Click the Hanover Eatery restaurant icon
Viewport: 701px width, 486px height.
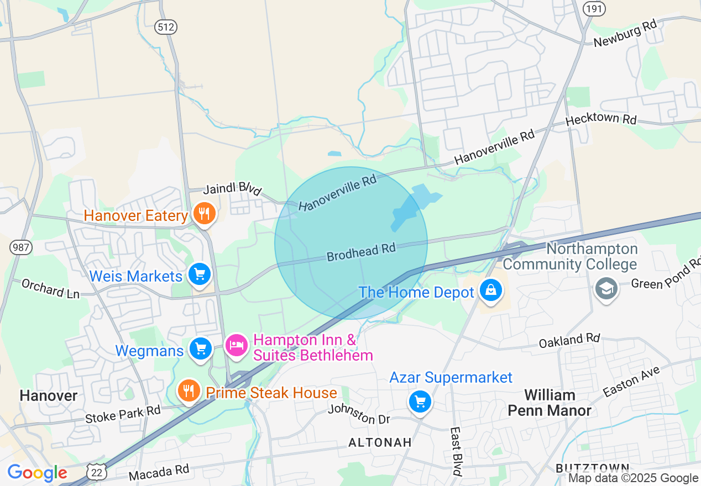[x=205, y=214]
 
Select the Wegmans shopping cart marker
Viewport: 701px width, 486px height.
[x=200, y=348]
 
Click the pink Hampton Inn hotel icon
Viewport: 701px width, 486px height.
[x=237, y=345]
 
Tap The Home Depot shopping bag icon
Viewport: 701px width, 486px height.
[x=490, y=289]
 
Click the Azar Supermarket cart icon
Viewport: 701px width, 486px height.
[x=420, y=402]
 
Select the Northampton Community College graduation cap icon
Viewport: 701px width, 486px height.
[x=606, y=288]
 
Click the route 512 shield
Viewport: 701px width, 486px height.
[x=165, y=27]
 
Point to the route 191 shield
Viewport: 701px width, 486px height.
[x=594, y=8]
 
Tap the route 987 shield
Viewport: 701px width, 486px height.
[x=20, y=248]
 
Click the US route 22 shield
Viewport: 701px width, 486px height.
[x=97, y=471]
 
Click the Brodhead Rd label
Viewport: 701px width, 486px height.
[x=361, y=252]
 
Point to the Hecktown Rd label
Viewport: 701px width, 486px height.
[x=601, y=120]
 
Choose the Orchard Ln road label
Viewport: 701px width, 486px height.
[x=50, y=288]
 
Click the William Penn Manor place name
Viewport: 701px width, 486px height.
[x=550, y=403]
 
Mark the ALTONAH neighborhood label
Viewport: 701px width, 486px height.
[x=380, y=442]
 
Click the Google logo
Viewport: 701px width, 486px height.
[x=37, y=473]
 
